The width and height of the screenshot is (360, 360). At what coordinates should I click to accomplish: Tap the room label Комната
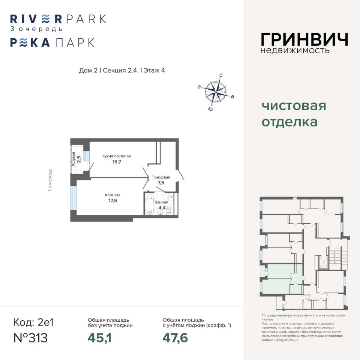(112, 195)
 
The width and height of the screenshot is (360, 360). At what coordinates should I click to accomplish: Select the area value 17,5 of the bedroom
(112, 201)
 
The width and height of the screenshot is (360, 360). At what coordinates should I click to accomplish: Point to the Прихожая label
(161, 177)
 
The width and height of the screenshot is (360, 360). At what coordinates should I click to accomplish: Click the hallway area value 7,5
(161, 183)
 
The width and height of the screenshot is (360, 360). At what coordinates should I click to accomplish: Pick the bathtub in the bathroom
(149, 205)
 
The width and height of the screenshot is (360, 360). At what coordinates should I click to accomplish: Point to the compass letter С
(221, 75)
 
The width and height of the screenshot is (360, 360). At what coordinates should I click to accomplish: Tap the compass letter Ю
(210, 109)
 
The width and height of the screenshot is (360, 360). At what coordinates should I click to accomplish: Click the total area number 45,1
(100, 338)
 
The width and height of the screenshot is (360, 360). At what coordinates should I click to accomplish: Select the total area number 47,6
(175, 338)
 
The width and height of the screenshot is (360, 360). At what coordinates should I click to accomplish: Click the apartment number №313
(30, 338)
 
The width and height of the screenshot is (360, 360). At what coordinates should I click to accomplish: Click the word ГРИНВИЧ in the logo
(304, 39)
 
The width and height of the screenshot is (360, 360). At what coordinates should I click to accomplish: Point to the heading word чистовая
(294, 106)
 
